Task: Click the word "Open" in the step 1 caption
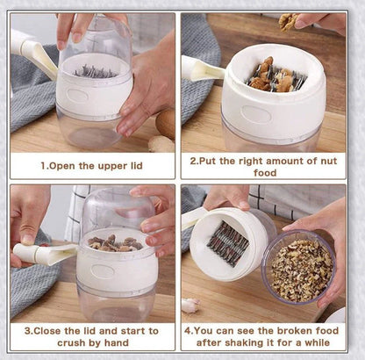66,165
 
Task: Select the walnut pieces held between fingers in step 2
288,19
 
